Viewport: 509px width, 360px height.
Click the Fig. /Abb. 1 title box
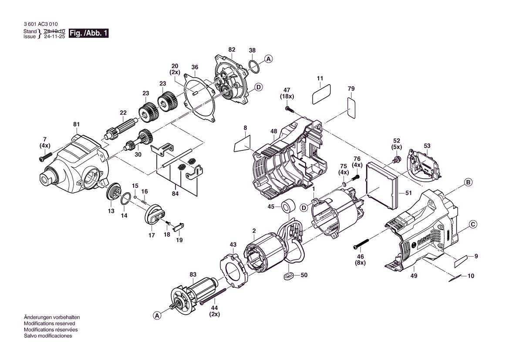pos(89,34)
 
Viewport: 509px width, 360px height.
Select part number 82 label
pos(232,50)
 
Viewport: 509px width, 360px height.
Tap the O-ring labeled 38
pos(254,67)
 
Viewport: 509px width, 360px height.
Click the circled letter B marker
pos(468,182)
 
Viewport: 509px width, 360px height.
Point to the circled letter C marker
pos(473,224)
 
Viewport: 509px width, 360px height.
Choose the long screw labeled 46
pos(361,244)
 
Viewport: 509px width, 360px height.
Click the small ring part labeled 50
pos(288,276)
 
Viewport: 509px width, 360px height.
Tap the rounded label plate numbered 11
pos(321,94)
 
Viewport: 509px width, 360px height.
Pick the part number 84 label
pos(175,194)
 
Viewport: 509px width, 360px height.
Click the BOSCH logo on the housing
pos(425,241)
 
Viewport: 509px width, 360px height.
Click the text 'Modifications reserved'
pos(49,324)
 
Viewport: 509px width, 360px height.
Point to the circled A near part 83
pos(157,316)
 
